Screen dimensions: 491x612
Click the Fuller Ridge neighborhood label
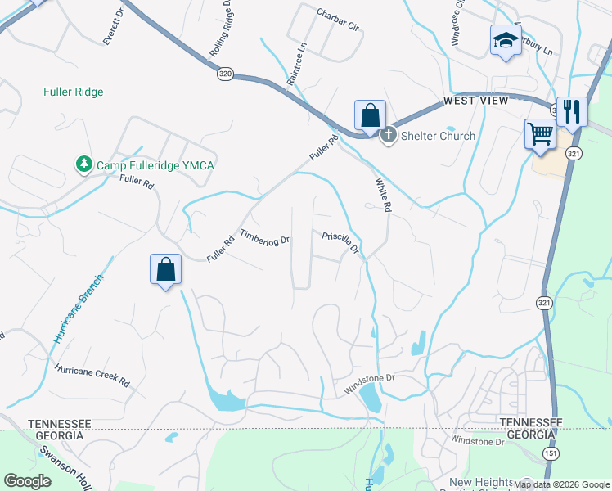pos(74,92)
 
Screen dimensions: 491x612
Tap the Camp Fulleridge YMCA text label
pos(155,165)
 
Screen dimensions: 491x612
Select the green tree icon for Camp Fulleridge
pos(83,165)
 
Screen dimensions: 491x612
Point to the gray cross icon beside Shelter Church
pos(389,135)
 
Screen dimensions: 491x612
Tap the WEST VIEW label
pos(475,101)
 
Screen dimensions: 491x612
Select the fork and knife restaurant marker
pos(571,110)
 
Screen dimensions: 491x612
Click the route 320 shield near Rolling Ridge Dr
pos(226,74)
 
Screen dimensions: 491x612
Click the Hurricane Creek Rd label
pos(92,376)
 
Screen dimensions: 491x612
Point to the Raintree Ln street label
pos(296,65)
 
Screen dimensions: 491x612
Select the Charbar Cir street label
pos(338,20)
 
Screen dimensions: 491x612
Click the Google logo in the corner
pos(27,481)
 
